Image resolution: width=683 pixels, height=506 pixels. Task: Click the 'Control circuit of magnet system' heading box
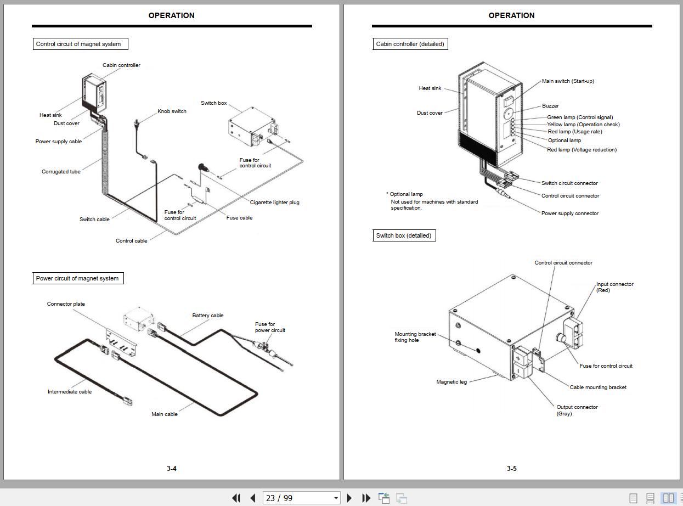pos(80,44)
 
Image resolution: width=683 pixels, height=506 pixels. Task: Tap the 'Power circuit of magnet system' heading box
pos(77,278)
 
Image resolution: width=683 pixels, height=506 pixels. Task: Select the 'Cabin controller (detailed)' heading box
pos(410,44)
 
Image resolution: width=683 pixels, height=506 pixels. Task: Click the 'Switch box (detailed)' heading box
pos(404,235)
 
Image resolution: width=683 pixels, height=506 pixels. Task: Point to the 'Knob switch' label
pos(172,111)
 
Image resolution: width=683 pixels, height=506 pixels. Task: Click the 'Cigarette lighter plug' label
pos(274,203)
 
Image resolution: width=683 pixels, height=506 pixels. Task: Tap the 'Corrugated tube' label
pos(61,172)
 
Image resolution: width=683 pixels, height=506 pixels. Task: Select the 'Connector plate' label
pos(66,304)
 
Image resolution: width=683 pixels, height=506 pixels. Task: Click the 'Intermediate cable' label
pos(70,392)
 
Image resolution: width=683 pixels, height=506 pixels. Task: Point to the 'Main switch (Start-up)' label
pos(568,81)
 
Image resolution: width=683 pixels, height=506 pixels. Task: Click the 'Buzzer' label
pos(550,106)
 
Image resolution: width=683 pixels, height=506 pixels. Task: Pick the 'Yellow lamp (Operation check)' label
pos(583,125)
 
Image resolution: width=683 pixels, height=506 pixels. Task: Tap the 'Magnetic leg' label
pos(451,382)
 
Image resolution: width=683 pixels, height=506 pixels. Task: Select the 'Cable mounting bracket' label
pos(598,387)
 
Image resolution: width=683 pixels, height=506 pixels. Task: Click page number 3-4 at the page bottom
pos(172,469)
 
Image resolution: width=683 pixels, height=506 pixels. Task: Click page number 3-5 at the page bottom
pos(511,469)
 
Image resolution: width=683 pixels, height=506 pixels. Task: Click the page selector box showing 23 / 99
pos(301,498)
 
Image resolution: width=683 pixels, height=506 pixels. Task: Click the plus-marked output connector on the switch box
pos(518,357)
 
